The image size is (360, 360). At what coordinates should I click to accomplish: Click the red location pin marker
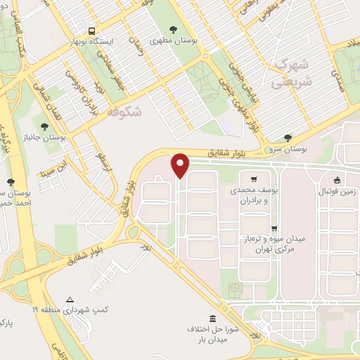point(181,165)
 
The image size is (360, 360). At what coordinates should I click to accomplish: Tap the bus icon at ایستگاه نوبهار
point(92,32)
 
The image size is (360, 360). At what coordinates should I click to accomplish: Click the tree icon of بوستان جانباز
point(45,127)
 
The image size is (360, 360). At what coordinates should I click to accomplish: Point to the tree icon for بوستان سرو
point(287,139)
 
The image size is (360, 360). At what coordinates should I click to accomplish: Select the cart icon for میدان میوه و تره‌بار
point(274,227)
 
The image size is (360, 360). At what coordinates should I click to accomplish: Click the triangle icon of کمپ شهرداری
point(69,298)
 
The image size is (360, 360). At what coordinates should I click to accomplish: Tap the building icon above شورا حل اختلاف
point(213,318)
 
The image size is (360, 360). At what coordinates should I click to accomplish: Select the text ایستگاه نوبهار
point(92,41)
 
